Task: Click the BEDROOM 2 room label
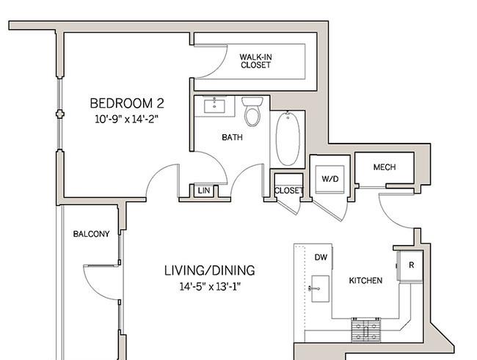(127, 103)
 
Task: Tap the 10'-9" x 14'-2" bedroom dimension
(126, 119)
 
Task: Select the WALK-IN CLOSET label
(255, 61)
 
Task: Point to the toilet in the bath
(252, 111)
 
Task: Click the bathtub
(288, 139)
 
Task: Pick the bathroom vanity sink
(214, 106)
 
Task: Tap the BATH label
(232, 137)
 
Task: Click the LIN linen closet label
(203, 191)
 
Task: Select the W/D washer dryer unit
(330, 180)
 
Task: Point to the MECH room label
(385, 167)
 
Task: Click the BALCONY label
(91, 234)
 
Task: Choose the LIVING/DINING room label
(210, 271)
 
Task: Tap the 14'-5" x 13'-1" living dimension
(210, 287)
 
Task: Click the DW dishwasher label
(321, 257)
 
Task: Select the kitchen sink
(320, 289)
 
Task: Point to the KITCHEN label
(365, 280)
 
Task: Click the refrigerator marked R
(411, 265)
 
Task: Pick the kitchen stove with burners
(366, 330)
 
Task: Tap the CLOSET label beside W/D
(288, 191)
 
